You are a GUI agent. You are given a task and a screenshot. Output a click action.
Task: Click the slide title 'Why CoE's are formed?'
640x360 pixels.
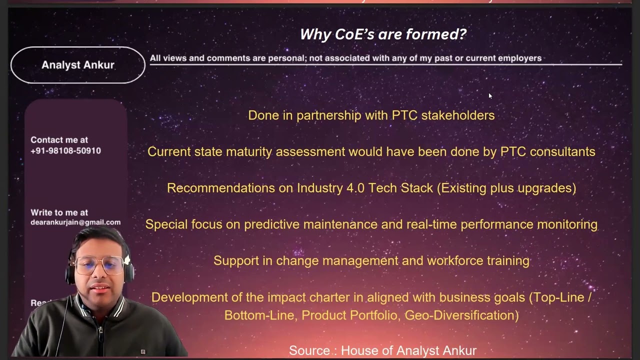point(382,34)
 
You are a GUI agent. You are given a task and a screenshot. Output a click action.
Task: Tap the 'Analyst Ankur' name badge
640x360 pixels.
point(77,65)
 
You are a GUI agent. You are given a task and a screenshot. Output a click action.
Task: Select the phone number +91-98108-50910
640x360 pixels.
point(65,150)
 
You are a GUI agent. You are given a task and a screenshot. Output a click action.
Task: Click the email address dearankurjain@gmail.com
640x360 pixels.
point(75,222)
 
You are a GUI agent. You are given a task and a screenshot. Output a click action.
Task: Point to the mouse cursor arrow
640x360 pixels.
point(490,96)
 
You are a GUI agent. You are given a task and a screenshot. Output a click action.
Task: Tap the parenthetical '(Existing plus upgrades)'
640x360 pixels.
point(506,188)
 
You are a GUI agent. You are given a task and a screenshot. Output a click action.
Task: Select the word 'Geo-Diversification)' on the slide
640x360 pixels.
point(461,315)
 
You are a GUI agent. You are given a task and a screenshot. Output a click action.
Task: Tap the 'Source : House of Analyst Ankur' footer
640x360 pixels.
point(382,350)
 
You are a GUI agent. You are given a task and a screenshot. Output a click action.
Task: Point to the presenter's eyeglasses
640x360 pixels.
point(99,264)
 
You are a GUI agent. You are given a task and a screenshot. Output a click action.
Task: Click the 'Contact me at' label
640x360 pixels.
point(59,140)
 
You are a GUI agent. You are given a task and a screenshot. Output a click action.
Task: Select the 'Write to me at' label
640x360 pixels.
point(59,212)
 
